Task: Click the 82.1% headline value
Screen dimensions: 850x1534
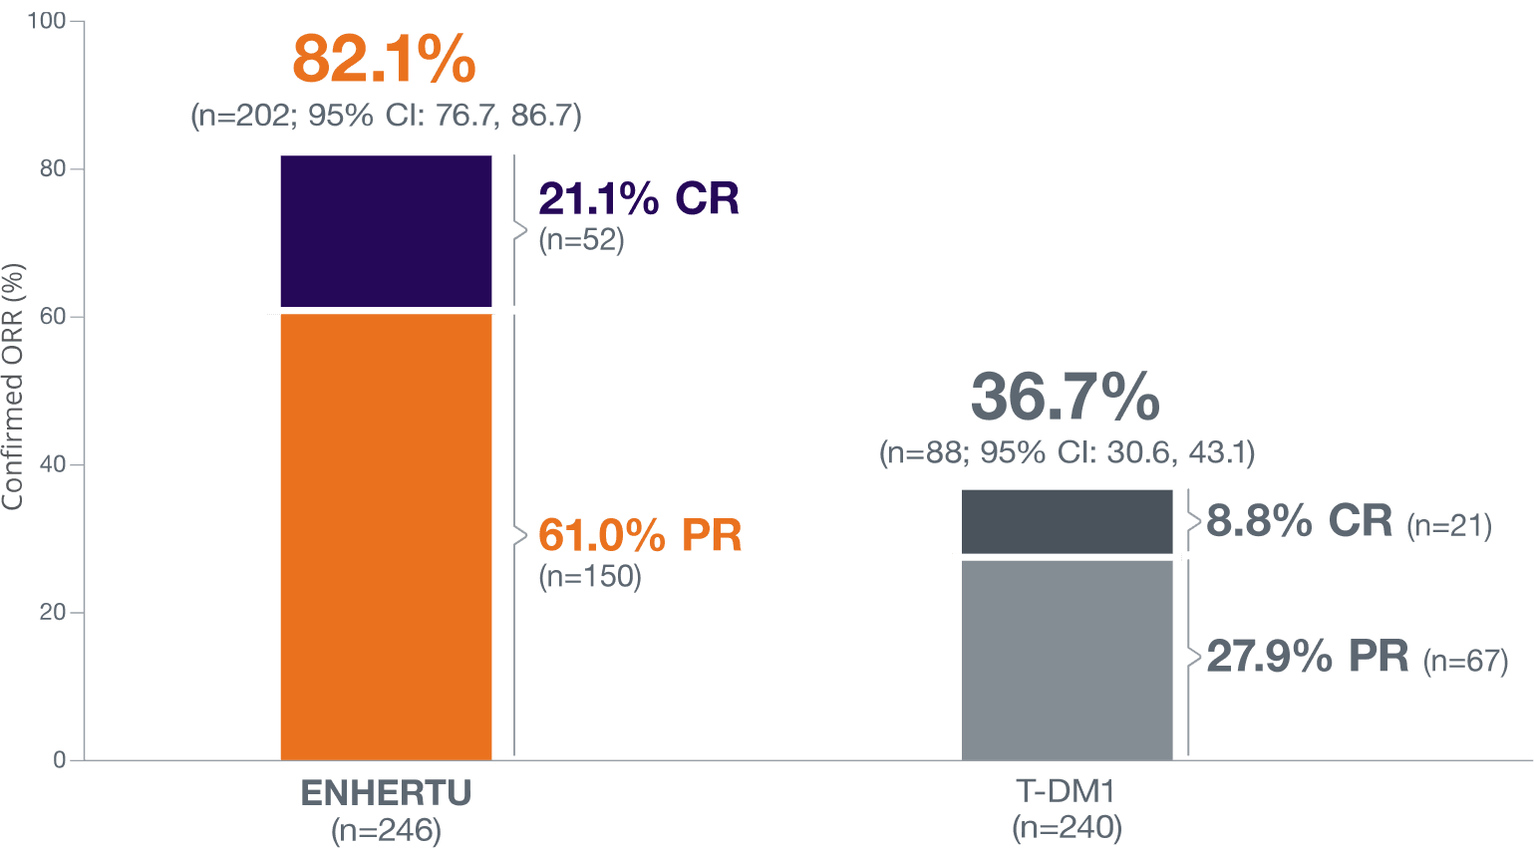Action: click(384, 61)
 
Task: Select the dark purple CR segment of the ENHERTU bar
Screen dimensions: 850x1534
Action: click(386, 230)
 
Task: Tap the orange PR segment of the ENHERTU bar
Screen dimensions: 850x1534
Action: click(386, 536)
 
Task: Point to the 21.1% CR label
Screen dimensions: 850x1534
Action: click(639, 199)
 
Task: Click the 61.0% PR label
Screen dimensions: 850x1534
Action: click(640, 536)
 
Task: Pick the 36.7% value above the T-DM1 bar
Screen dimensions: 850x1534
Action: click(1066, 398)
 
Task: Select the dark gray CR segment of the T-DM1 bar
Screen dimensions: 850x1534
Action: click(1067, 520)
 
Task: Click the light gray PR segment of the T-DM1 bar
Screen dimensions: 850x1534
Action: click(1067, 659)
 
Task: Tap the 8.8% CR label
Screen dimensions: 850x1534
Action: click(1299, 521)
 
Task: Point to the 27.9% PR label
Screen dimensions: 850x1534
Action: click(1307, 657)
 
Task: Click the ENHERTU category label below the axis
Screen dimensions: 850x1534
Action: click(386, 793)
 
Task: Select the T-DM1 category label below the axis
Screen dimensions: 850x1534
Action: click(1067, 793)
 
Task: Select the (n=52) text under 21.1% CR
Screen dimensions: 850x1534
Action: click(581, 240)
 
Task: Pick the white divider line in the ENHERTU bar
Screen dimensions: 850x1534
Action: click(381, 311)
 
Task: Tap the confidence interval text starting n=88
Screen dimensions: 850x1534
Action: click(1067, 453)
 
